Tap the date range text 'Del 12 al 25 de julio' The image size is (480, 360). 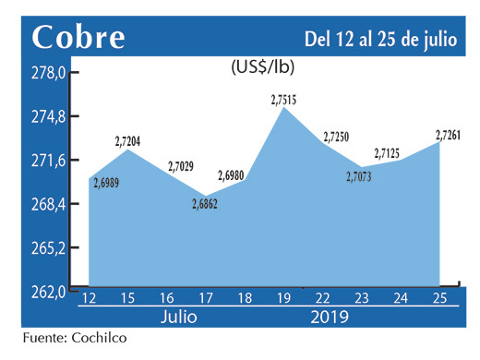382,38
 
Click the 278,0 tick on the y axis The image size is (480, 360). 47,74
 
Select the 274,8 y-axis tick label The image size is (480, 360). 47,117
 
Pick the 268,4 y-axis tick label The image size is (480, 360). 47,205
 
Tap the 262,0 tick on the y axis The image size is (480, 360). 47,292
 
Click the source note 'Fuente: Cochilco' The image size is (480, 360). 74,339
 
